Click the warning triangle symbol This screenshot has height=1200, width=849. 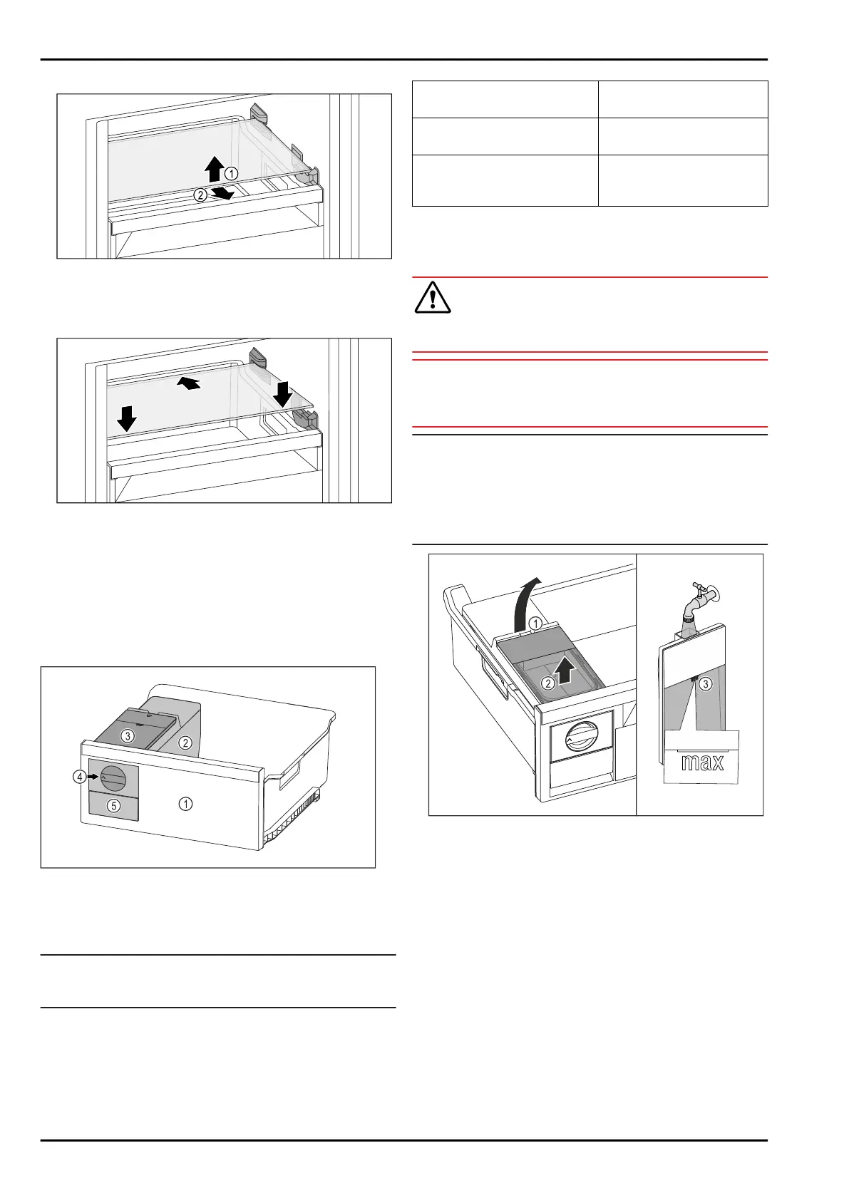(433, 297)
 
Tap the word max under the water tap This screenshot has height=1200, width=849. (702, 762)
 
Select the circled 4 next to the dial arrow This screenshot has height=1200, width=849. (79, 776)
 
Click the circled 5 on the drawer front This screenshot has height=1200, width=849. (113, 806)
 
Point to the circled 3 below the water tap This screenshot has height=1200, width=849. (706, 683)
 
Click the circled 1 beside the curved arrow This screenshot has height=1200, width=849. (535, 623)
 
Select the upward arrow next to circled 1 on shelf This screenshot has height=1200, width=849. (215, 169)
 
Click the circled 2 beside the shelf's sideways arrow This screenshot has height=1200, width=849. (200, 195)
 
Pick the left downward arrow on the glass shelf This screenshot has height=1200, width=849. (126, 418)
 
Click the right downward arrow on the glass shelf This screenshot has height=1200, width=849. (282, 394)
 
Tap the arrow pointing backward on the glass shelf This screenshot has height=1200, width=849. (189, 383)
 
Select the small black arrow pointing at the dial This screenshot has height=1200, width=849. (93, 777)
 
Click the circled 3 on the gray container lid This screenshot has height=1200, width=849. (127, 736)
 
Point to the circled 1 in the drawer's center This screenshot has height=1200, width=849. (185, 804)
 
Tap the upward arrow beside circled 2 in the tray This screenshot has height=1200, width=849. (565, 672)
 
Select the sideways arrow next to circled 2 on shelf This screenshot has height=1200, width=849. (222, 193)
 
